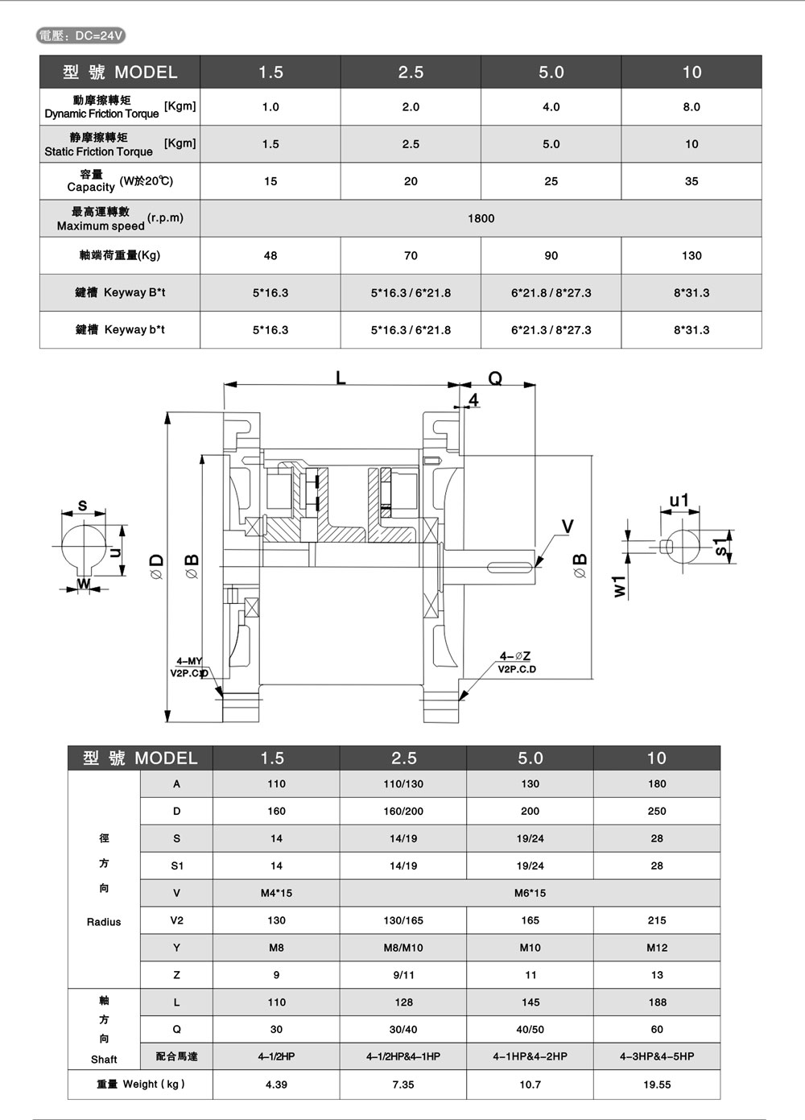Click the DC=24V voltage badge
click(x=81, y=35)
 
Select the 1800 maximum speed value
click(x=481, y=218)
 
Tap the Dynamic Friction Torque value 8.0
click(x=691, y=106)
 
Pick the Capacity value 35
click(x=691, y=181)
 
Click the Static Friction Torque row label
click(x=99, y=144)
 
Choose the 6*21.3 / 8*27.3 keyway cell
click(x=551, y=330)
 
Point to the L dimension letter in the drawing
click(x=341, y=378)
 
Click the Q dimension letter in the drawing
click(x=495, y=378)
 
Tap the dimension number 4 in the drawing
click(x=473, y=400)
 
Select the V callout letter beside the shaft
click(x=568, y=527)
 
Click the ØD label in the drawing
click(x=157, y=567)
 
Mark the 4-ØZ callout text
click(x=515, y=656)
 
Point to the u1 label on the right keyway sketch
click(x=679, y=501)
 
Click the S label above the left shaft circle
click(x=82, y=506)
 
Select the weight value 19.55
click(x=657, y=1085)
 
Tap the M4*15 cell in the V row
click(x=276, y=893)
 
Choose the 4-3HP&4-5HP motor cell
click(x=657, y=1056)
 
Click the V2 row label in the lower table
click(x=176, y=920)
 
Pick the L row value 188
click(x=657, y=1002)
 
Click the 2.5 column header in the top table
click(x=411, y=72)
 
